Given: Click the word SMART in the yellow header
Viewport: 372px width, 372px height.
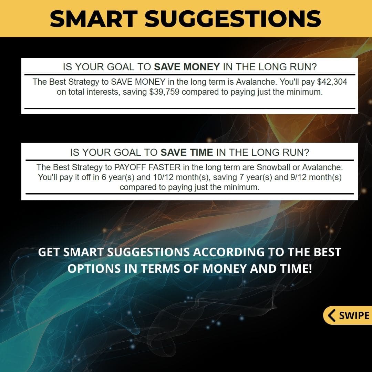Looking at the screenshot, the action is tap(94, 19).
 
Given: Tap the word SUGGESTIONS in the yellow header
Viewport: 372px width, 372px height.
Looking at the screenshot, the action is tap(233, 19).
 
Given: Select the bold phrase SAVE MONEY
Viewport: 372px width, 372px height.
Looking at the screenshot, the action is tap(187, 67).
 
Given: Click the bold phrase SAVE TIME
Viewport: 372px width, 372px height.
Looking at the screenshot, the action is tap(187, 152).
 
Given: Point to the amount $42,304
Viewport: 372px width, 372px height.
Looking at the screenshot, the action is tap(332, 82).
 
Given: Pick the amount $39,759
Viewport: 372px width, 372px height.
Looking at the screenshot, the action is tap(164, 92).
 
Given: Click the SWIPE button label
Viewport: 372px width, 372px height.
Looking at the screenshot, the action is tap(354, 315).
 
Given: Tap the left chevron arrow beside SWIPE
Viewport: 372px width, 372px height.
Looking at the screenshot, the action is tap(332, 315).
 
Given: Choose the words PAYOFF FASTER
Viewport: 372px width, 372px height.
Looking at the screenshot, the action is tap(147, 167).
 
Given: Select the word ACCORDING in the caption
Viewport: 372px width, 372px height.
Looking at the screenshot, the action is tap(228, 252).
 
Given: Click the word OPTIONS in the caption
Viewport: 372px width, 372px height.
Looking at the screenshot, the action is tap(94, 269).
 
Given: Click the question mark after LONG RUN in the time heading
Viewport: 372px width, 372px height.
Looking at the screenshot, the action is tap(307, 152).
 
